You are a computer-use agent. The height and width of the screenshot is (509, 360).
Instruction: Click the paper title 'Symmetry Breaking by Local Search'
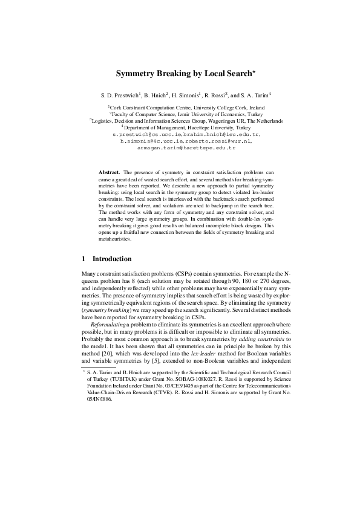(x=180, y=74)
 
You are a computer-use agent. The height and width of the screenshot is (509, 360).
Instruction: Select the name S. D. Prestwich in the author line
(x=120, y=95)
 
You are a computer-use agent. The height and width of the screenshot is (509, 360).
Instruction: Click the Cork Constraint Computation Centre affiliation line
(x=180, y=106)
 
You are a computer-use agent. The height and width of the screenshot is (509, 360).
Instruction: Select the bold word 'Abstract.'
(x=109, y=173)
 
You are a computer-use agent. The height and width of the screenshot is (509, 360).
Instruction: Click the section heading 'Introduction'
(x=112, y=259)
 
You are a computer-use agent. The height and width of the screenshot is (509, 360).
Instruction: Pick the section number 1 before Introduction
(x=83, y=259)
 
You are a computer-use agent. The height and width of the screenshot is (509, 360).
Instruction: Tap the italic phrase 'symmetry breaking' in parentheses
(x=102, y=310)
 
